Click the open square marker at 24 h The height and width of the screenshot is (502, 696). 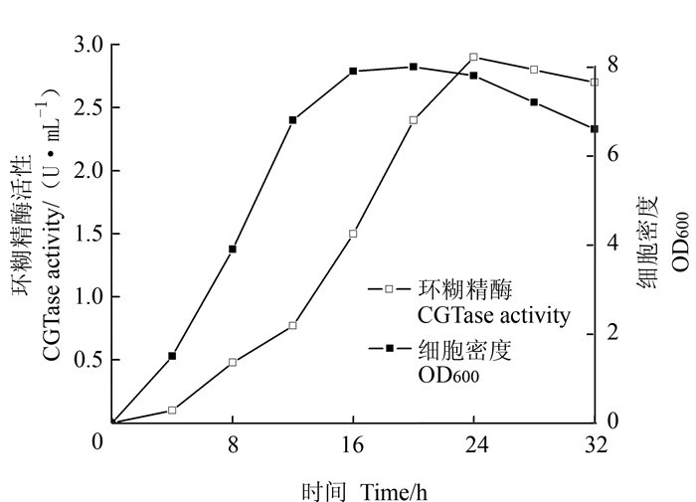click(x=473, y=58)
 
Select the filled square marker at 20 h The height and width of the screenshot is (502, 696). click(x=413, y=67)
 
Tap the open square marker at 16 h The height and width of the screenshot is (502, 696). click(x=353, y=234)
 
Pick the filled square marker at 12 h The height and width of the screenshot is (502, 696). click(x=292, y=119)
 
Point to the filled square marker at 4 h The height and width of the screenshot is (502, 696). click(x=172, y=356)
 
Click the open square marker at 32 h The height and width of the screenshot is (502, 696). click(x=594, y=82)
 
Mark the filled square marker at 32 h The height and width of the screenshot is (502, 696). click(x=594, y=129)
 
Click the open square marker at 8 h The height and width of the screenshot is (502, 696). click(x=233, y=362)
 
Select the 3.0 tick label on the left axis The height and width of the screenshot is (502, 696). click(x=89, y=45)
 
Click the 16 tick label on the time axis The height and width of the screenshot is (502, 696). click(x=353, y=445)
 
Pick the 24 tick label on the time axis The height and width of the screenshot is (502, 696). click(x=473, y=445)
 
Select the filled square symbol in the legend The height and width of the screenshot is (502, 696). click(x=390, y=349)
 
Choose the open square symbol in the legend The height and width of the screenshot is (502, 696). click(x=390, y=290)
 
